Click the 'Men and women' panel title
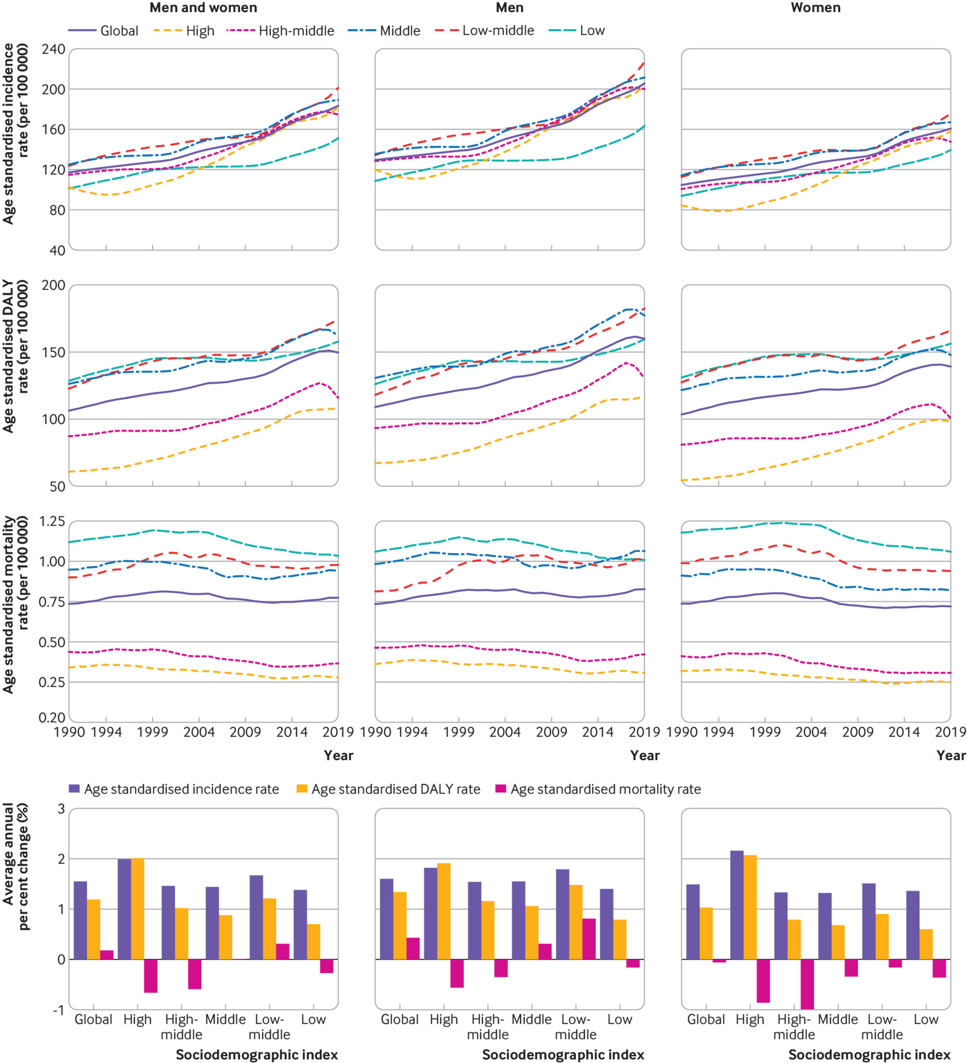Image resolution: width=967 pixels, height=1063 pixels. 203,8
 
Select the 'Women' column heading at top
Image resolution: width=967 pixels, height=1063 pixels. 816,8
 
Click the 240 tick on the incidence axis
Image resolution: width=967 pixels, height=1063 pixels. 53,49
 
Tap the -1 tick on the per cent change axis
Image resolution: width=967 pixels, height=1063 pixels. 58,1010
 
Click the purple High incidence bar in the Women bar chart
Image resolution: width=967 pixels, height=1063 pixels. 737,905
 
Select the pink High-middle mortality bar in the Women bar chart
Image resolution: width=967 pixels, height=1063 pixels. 807,984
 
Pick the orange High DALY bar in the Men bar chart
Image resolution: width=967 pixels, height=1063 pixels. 444,911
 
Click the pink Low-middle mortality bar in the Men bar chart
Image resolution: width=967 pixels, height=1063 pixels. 589,939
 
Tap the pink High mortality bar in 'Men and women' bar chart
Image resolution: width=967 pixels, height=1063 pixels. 150,976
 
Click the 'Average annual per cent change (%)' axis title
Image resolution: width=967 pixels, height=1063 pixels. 16,867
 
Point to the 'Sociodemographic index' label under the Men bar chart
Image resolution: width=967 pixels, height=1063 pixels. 563,1054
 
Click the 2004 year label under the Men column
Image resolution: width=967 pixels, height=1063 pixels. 505,732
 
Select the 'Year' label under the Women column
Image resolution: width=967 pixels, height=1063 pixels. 951,755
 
